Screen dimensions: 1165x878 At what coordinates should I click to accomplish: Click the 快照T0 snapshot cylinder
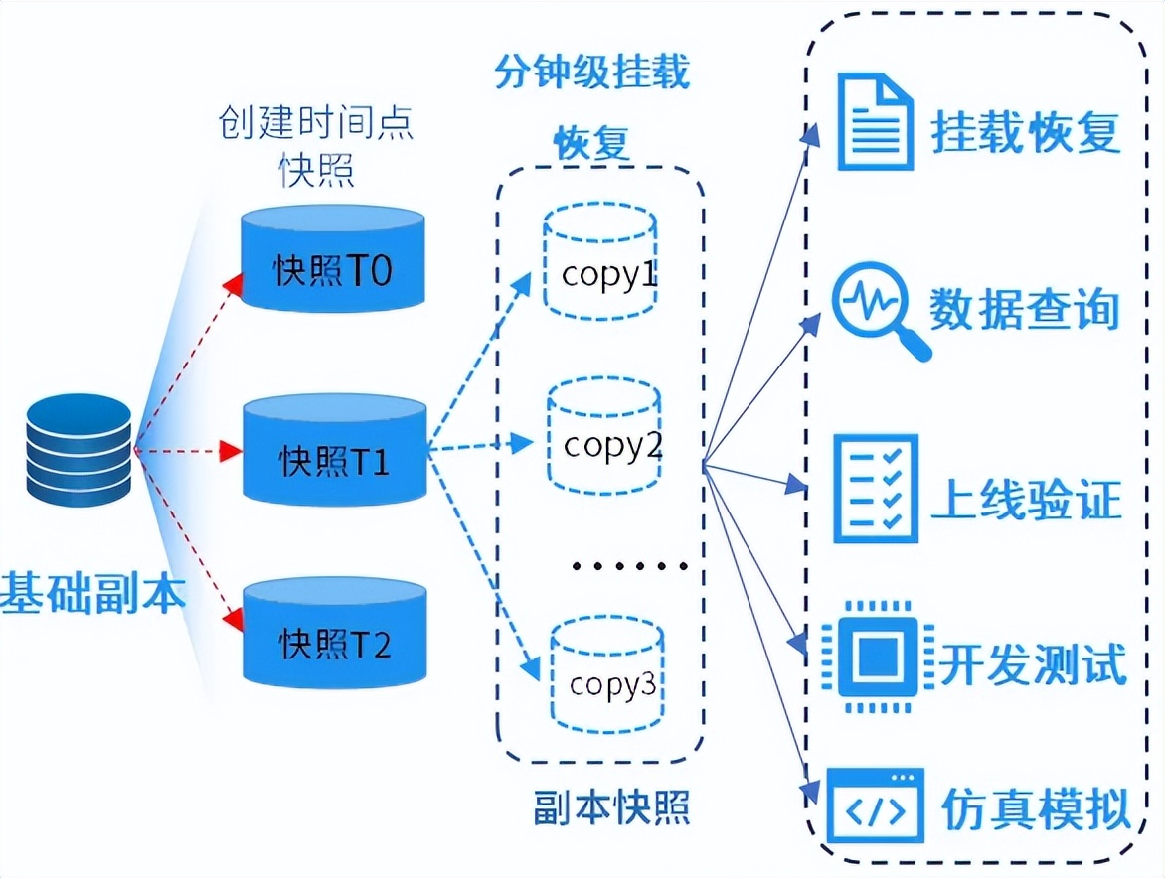333,258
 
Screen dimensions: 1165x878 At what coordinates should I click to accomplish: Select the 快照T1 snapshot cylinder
335,450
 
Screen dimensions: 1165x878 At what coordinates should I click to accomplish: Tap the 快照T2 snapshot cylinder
335,633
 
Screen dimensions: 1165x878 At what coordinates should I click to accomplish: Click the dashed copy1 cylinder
600,260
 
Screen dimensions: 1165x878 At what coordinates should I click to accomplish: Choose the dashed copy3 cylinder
607,673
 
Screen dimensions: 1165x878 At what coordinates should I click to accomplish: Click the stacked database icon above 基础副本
79,450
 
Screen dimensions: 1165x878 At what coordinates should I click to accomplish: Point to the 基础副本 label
92,592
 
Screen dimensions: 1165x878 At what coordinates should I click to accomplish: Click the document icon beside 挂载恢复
875,122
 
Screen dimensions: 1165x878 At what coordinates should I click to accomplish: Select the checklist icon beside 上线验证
875,489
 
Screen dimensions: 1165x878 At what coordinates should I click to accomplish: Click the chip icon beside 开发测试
878,657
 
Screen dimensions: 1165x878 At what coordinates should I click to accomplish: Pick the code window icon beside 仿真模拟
876,805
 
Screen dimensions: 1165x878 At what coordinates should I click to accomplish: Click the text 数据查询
1025,309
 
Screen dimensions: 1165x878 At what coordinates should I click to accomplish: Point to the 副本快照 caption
611,807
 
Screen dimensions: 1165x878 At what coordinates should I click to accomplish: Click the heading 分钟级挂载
592,72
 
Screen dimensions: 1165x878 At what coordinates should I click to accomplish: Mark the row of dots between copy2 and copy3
629,566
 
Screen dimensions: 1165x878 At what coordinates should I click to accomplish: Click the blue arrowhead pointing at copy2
521,444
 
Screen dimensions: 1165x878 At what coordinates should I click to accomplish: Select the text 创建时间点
316,122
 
